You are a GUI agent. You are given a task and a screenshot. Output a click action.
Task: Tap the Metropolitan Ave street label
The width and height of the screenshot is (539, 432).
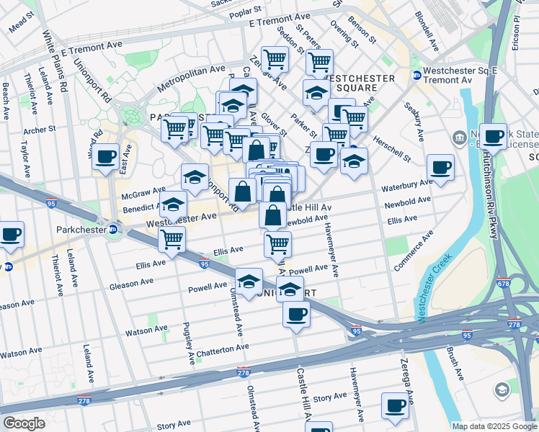[x=191, y=77]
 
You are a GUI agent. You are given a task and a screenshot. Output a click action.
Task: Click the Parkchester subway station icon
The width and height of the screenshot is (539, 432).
[x=113, y=230]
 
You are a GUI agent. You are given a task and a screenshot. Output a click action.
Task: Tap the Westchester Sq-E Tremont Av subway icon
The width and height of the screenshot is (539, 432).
[x=416, y=76]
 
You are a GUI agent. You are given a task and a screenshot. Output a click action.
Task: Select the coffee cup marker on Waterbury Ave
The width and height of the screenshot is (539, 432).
[x=440, y=168]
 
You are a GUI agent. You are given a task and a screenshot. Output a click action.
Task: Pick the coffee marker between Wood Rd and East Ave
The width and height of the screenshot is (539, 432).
[x=106, y=156]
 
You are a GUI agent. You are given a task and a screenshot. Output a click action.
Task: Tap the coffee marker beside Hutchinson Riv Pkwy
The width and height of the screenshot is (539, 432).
[x=494, y=135]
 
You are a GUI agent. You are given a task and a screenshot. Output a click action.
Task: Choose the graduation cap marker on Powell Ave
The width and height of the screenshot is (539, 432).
[x=249, y=281]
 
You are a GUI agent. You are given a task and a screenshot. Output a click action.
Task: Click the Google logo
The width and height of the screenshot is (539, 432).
[x=24, y=423]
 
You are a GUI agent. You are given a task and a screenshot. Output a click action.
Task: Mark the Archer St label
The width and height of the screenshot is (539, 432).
[x=40, y=130]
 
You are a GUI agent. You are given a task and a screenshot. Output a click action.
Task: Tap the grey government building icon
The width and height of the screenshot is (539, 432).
[x=459, y=137]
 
